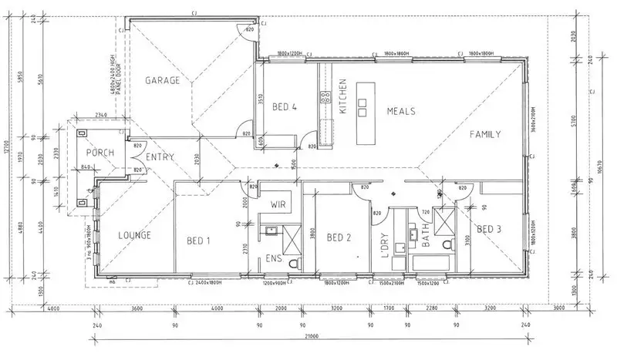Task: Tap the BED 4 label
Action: pos(285,107)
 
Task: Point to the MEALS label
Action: pos(401,111)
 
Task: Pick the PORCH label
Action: pos(99,153)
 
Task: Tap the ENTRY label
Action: pos(160,157)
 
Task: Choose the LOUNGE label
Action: pos(134,235)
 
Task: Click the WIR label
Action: pos(278,205)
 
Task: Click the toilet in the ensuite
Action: pos(292,264)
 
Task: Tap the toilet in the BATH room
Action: pos(447,245)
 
